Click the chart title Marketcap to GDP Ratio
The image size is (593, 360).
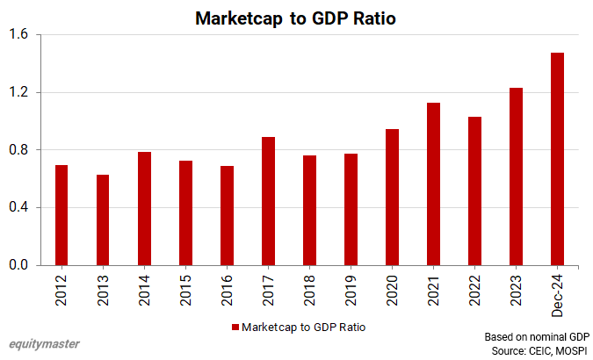pyautogui.click(x=296, y=18)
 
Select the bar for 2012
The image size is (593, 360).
pyautogui.click(x=61, y=215)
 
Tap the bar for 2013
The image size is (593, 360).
pyautogui.click(x=103, y=220)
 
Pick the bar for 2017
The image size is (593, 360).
pyautogui.click(x=268, y=201)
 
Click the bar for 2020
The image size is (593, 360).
pyautogui.click(x=392, y=197)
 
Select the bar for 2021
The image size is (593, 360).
pyautogui.click(x=433, y=184)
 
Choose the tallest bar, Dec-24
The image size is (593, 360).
pyautogui.click(x=557, y=159)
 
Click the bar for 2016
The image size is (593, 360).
pyautogui.click(x=227, y=215)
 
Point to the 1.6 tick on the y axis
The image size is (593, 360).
pyautogui.click(x=18, y=35)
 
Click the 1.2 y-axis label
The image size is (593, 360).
pyautogui.click(x=18, y=92)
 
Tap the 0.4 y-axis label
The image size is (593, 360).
pyautogui.click(x=18, y=208)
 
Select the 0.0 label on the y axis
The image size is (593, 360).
pyautogui.click(x=18, y=265)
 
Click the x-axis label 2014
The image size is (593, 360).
pyautogui.click(x=144, y=289)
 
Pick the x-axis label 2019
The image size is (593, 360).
pyautogui.click(x=351, y=289)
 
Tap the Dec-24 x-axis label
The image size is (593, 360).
pyautogui.click(x=557, y=293)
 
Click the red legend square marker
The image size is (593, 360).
pyautogui.click(x=235, y=327)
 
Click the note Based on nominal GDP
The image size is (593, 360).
pyautogui.click(x=536, y=336)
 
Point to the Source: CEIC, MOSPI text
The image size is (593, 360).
pyautogui.click(x=541, y=349)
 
